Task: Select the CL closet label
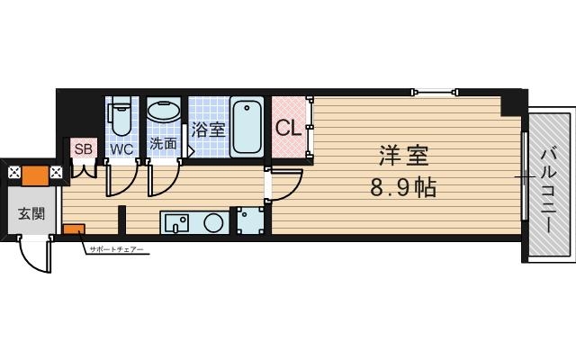288,128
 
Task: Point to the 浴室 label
208,129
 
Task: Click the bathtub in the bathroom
247,127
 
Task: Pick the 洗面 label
163,143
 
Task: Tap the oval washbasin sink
164,113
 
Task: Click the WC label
122,149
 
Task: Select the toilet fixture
121,118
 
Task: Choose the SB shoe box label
83,148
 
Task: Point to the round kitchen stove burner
213,222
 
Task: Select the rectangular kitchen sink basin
175,221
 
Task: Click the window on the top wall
436,91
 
